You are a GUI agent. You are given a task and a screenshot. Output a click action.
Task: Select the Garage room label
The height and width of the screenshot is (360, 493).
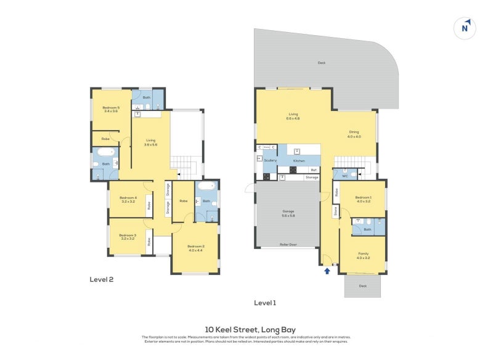(x=288, y=213)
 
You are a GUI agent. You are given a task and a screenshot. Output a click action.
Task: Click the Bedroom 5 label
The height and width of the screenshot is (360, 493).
(x=111, y=109)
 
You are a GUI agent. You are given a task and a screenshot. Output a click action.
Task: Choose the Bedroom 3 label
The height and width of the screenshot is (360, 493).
(x=128, y=236)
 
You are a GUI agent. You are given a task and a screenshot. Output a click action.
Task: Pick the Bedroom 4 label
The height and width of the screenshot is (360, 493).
(x=128, y=200)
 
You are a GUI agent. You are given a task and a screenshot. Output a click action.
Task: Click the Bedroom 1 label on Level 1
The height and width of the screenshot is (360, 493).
(x=362, y=199)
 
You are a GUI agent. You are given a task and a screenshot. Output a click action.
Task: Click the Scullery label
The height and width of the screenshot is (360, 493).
(x=271, y=160)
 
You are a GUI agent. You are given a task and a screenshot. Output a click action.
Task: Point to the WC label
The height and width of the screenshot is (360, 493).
(x=344, y=176)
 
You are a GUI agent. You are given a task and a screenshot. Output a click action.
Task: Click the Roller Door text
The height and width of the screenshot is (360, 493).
(x=287, y=244)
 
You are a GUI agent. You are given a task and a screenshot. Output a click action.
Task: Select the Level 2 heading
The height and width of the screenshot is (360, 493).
(x=102, y=279)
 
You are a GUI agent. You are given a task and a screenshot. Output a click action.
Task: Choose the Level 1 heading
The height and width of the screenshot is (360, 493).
(x=265, y=303)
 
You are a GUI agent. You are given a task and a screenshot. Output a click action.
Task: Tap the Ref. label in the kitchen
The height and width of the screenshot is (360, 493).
(x=313, y=170)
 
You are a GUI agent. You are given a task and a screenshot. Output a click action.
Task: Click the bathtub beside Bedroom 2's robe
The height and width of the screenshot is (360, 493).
(x=206, y=186)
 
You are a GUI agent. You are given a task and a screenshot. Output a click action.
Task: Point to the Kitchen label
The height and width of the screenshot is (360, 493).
(x=299, y=160)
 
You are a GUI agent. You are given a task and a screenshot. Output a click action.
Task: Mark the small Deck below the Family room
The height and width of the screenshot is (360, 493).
(x=362, y=286)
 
